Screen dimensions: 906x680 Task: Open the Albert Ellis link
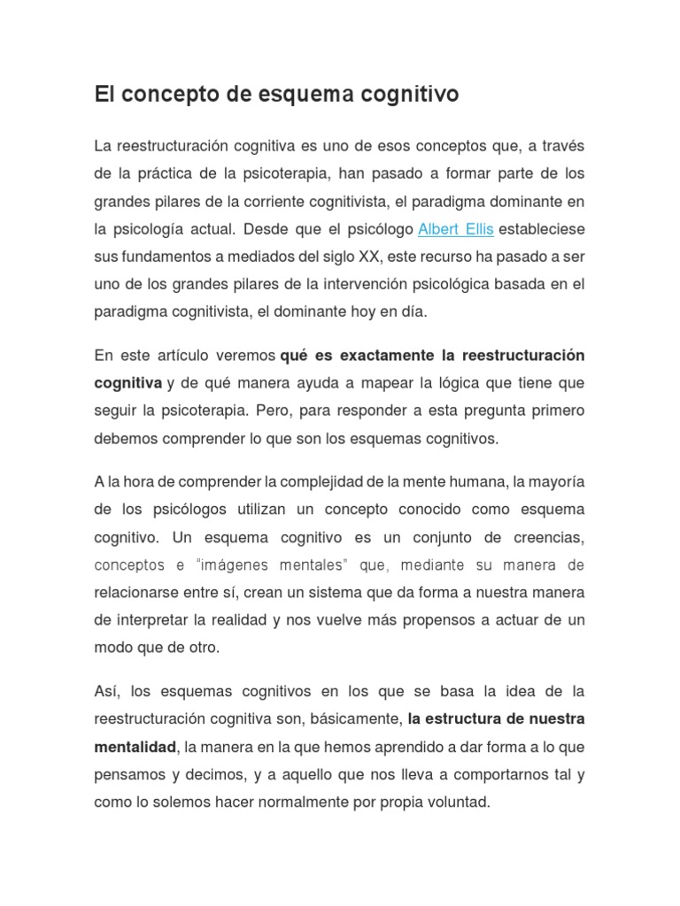pyautogui.click(x=455, y=229)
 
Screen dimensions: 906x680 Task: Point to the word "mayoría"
pyautogui.click(x=555, y=481)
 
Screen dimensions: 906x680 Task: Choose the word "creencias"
pyautogui.click(x=541, y=537)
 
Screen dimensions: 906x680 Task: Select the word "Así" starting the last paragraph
pyautogui.click(x=107, y=691)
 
